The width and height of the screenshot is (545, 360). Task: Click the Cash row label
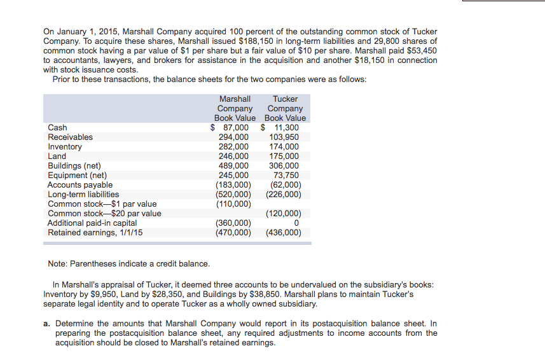click(57, 128)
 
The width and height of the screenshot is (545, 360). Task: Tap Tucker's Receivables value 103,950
click(284, 137)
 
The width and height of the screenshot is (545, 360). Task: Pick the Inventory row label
click(65, 147)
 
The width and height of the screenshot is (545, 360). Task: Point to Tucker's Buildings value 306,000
click(284, 166)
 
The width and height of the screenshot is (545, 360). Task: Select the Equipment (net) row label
click(77, 176)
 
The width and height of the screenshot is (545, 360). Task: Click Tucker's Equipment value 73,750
click(286, 176)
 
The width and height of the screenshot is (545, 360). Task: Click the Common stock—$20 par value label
click(104, 214)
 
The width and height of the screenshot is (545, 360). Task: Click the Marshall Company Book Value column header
click(235, 108)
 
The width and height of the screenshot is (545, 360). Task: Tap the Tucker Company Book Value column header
click(285, 108)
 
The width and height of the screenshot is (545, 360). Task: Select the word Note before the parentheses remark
click(57, 263)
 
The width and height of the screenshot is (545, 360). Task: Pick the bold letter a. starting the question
click(48, 324)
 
